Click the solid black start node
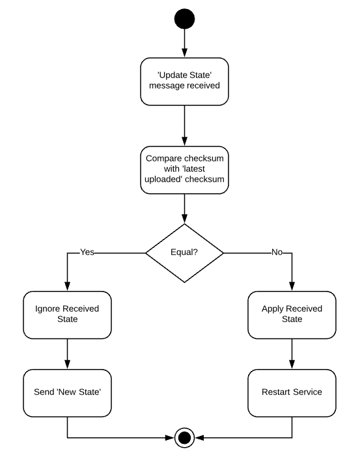coord(184,20)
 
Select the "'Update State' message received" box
coord(184,82)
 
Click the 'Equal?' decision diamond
coord(184,252)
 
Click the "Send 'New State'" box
coord(67,392)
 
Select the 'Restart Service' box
coord(292,392)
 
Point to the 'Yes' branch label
coord(87,252)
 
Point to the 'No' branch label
coord(277,252)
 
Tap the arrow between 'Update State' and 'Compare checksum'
coord(184,126)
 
